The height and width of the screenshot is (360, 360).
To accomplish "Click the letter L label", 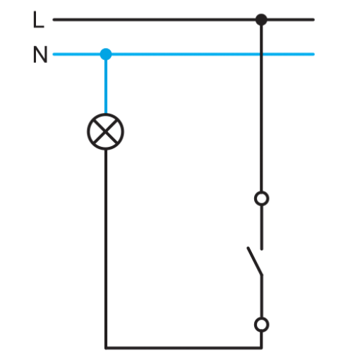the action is click(39, 20).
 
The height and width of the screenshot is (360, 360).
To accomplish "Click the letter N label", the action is click(40, 54).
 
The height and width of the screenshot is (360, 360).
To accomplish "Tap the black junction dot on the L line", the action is click(261, 20).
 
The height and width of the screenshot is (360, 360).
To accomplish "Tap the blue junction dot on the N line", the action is click(106, 54).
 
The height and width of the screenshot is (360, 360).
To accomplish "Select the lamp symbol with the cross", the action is click(105, 131).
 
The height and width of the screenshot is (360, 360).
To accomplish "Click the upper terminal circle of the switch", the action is click(261, 198).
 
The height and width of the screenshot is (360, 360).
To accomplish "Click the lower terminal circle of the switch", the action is click(261, 325).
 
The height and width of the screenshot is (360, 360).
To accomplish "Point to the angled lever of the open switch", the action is click(255, 260).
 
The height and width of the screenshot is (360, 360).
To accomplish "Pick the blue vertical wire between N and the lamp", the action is click(106, 84).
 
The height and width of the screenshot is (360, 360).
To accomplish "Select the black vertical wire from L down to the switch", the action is click(261, 105).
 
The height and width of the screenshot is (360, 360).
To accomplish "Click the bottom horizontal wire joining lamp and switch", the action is click(184, 347).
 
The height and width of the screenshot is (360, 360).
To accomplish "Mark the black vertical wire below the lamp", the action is click(106, 248).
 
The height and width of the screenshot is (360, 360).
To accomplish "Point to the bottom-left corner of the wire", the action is click(106, 347).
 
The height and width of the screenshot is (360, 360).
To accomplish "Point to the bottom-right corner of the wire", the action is click(261, 347).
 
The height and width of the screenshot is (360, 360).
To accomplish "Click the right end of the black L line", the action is click(313, 20).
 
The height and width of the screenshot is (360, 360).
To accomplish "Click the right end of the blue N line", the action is click(313, 54).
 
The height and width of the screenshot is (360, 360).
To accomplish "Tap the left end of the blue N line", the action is click(54, 54).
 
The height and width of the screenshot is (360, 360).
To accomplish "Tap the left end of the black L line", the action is click(54, 20).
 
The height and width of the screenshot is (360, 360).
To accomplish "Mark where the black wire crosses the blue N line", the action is click(261, 54).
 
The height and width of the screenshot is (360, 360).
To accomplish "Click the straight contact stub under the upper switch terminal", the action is click(262, 227).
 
